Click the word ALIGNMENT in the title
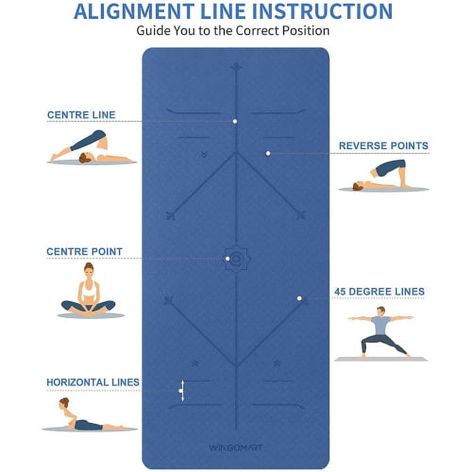[x=134, y=11]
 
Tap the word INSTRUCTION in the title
[x=322, y=11]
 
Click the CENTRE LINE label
[x=81, y=115]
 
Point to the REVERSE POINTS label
[x=383, y=146]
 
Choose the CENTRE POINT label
[x=84, y=252]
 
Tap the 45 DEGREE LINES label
[x=379, y=291]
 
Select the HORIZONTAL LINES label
[x=93, y=382]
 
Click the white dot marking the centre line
[x=235, y=121]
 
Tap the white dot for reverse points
[x=268, y=153]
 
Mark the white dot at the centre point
[x=227, y=259]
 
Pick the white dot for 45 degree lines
[x=299, y=298]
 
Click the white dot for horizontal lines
[x=180, y=390]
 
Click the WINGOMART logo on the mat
[x=235, y=448]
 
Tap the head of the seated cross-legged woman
[x=88, y=270]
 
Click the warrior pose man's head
[x=381, y=311]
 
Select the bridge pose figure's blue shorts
[x=390, y=168]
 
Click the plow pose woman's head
[x=85, y=158]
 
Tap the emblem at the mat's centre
[x=236, y=259]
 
